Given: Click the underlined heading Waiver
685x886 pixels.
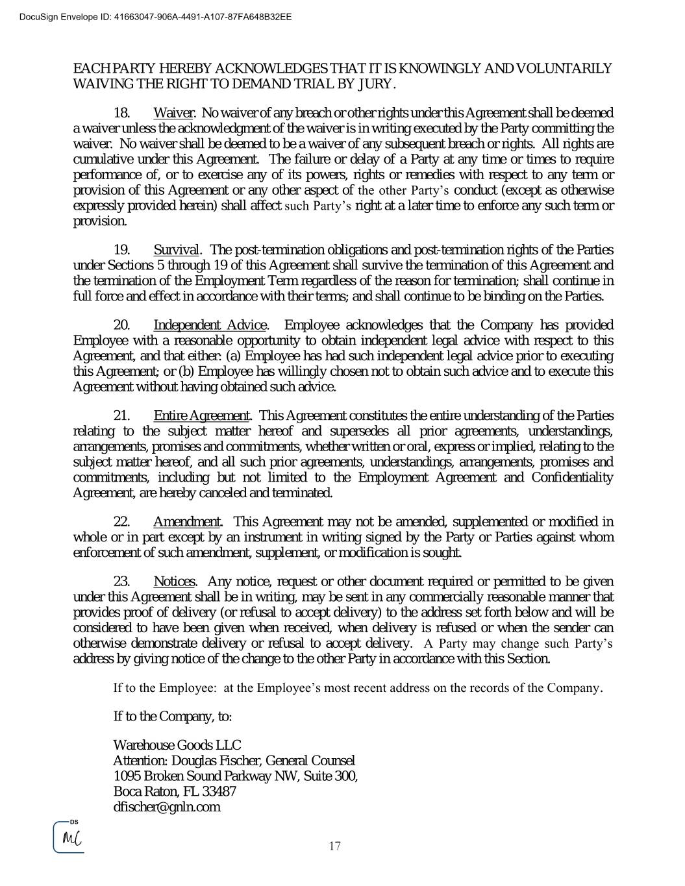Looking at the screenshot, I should tap(173, 113).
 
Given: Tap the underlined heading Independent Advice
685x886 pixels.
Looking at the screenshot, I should tap(210, 325).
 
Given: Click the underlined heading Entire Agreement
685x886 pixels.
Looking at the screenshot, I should tap(201, 415).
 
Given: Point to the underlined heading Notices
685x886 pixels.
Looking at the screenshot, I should tap(174, 582).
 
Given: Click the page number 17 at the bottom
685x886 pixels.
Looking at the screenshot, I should tap(335, 846).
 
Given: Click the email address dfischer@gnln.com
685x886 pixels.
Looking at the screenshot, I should tap(166, 807).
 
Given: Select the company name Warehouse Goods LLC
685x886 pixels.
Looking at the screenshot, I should tap(177, 745).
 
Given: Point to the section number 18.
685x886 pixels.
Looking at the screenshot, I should tap(122, 113).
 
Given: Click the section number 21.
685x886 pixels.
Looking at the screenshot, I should tap(122, 415).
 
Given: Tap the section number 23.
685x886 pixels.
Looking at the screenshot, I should tap(122, 582).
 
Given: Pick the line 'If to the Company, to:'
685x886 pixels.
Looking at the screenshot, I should tap(172, 717).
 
